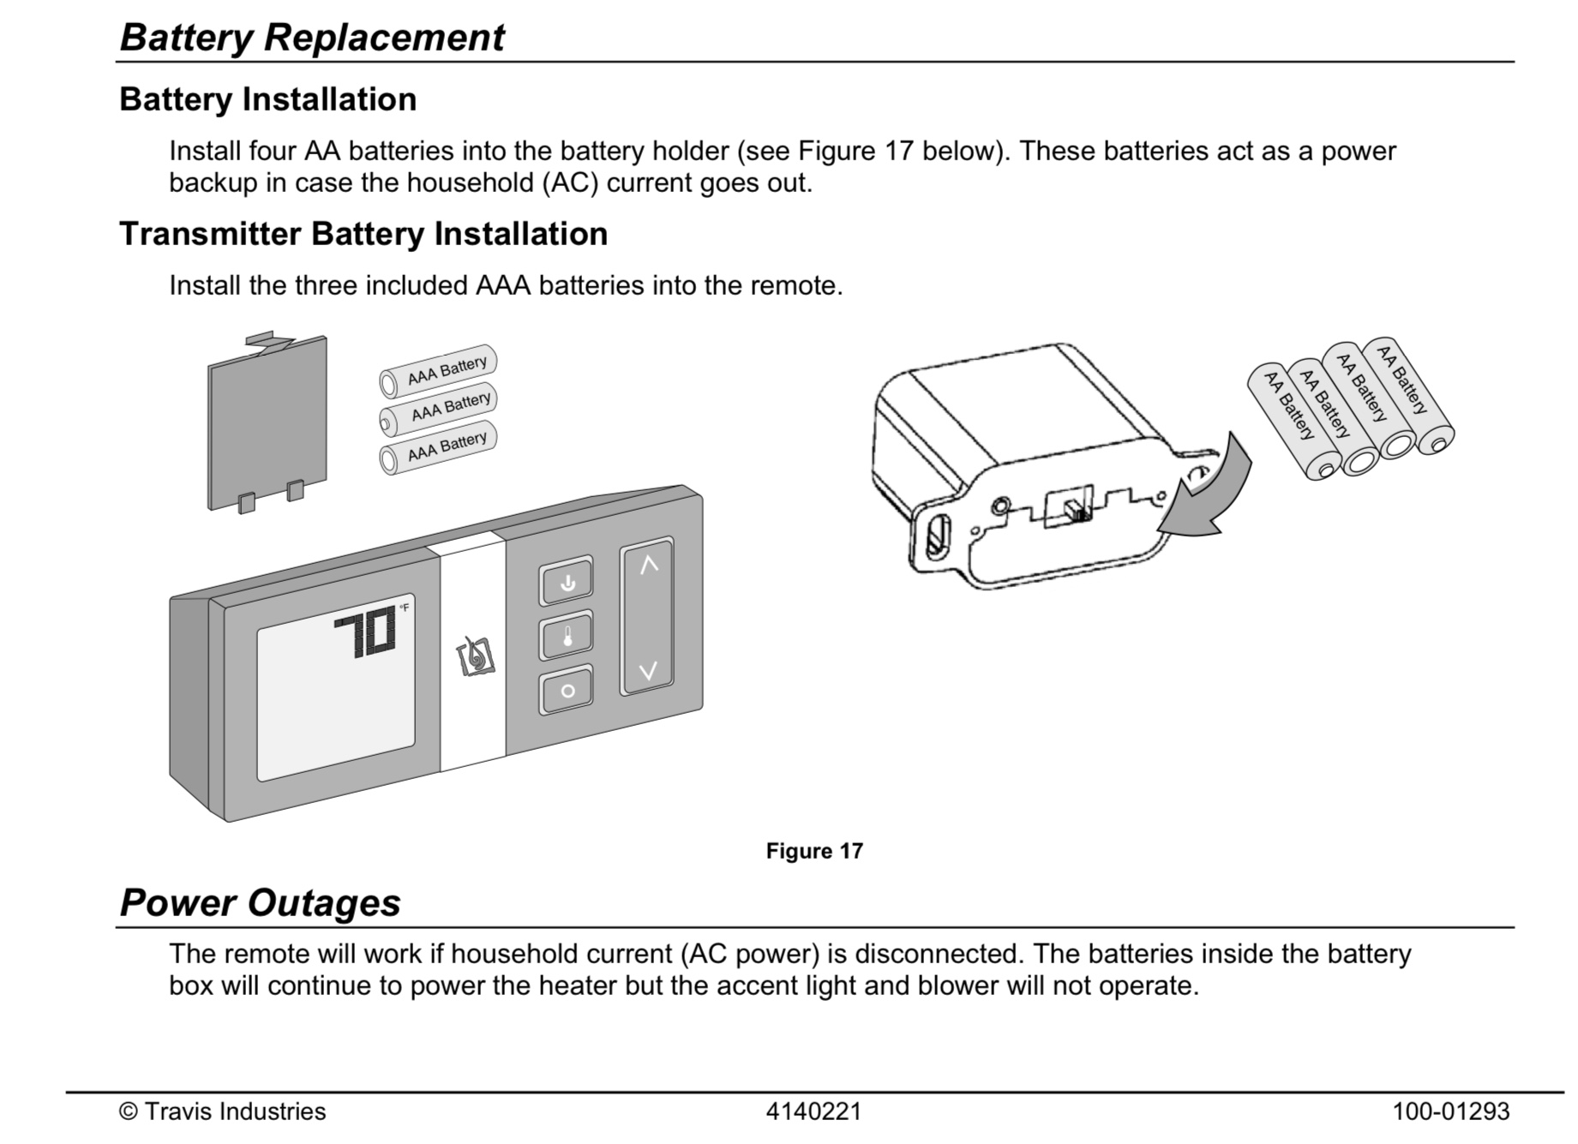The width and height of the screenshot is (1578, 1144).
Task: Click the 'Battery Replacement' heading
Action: pyautogui.click(x=312, y=38)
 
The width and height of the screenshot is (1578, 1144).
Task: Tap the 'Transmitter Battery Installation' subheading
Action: pyautogui.click(x=363, y=234)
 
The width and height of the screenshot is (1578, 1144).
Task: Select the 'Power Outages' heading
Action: pyautogui.click(x=260, y=903)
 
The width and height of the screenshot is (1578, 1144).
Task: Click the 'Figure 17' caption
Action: pyautogui.click(x=814, y=851)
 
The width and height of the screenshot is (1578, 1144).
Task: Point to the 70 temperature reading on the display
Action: pyautogui.click(x=365, y=636)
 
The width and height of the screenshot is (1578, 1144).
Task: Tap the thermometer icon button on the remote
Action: pyautogui.click(x=567, y=636)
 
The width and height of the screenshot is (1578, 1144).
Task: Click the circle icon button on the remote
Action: pyautogui.click(x=567, y=690)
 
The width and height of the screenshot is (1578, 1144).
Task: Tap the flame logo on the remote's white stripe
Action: pyautogui.click(x=475, y=657)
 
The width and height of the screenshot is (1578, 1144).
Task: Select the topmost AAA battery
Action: pyautogui.click(x=438, y=371)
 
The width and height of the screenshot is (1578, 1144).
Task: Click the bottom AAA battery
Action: pyautogui.click(x=438, y=447)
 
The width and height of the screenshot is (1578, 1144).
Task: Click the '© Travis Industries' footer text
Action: pyautogui.click(x=223, y=1111)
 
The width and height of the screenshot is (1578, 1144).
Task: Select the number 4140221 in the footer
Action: pyautogui.click(x=813, y=1111)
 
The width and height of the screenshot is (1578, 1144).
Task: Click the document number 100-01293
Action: pyautogui.click(x=1450, y=1111)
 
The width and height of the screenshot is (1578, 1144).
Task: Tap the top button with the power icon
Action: pyautogui.click(x=567, y=583)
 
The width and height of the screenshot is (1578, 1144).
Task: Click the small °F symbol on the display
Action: pyautogui.click(x=404, y=608)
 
